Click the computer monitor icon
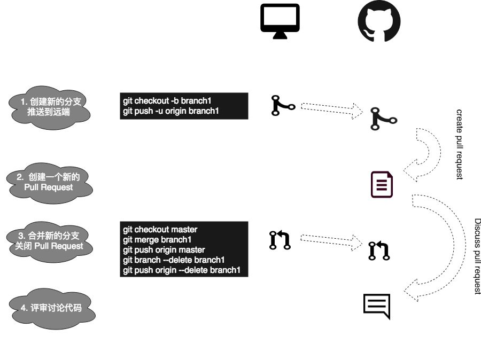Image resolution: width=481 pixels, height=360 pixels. pos(280,21)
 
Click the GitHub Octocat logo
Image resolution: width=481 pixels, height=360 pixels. pos(379,22)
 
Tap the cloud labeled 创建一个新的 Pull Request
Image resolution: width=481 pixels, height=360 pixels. pos(49,182)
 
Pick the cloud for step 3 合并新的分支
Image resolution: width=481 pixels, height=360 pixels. pos(50,240)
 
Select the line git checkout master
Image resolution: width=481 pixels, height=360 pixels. pos(160,229)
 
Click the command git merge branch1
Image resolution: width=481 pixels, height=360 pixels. pos(157,239)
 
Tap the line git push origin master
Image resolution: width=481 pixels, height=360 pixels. pos(164,249)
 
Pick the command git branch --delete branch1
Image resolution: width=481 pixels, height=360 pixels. pos(174,260)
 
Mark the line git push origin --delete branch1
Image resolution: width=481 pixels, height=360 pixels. pos(182,270)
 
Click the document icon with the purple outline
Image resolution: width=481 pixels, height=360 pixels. pos(382,184)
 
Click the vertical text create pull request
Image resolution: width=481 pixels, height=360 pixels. pos(459,144)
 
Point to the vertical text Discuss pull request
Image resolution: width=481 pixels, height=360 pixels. pos(478,256)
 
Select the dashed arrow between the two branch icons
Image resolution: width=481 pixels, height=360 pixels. pos(331,108)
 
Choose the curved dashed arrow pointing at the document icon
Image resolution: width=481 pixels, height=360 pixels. pos(425,155)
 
